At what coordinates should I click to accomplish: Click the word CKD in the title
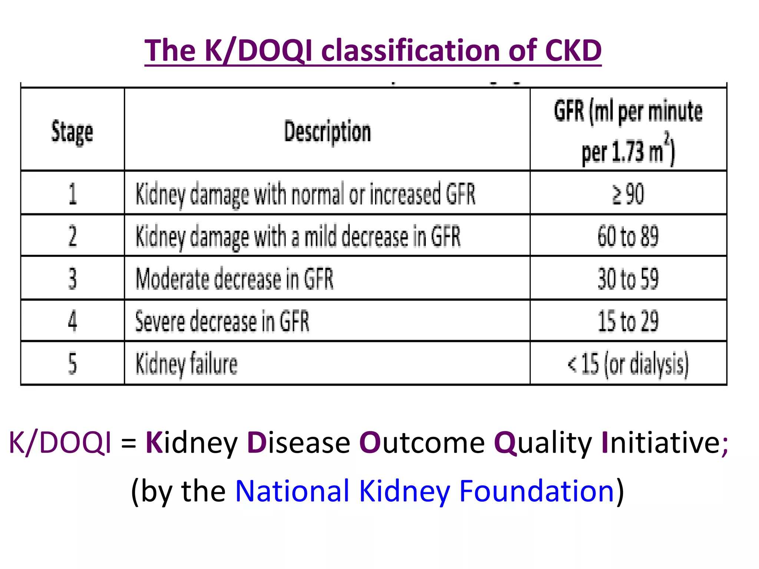pos(573,51)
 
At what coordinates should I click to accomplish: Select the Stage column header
pos(72,132)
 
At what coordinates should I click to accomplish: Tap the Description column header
pos(327,132)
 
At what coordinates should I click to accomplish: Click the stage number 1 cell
pos(73,194)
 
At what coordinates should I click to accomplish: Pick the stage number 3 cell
pos(73,279)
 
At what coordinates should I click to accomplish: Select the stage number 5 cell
pos(73,363)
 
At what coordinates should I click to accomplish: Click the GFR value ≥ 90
pos(628,194)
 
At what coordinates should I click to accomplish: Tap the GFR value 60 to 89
pos(628,236)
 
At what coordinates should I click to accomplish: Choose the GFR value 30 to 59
pos(628,279)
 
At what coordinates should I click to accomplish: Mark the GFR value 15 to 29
pos(628,321)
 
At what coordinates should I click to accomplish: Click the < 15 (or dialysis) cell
pos(628,363)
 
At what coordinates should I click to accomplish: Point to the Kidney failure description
pos(186,363)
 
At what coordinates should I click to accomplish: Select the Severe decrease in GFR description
pos(222,321)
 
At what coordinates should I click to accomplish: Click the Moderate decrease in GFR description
pos(235,279)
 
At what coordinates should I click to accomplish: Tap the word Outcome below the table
pos(422,443)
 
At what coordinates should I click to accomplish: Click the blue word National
pos(292,491)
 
